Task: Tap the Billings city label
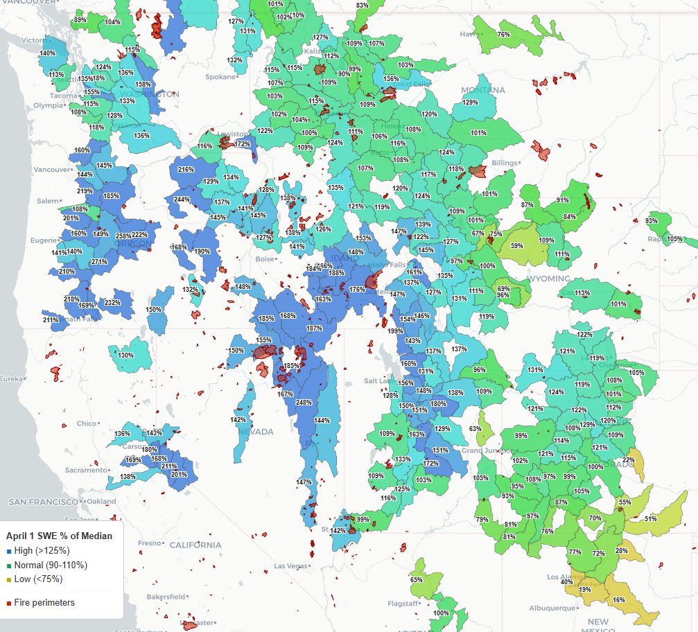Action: tap(505, 163)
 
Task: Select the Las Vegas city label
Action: tap(290, 565)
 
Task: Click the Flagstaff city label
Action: tap(402, 603)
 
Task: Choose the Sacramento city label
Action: tap(86, 470)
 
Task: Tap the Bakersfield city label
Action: tap(166, 596)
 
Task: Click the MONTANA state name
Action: tap(483, 90)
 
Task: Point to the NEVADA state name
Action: tap(256, 431)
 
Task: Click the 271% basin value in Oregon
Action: tap(98, 262)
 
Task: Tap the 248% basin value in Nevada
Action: tap(304, 403)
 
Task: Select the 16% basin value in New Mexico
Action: tap(618, 599)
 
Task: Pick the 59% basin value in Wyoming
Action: tap(516, 245)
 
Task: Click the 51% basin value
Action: tap(650, 518)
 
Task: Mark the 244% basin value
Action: tap(182, 200)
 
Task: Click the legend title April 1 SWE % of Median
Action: tap(59, 536)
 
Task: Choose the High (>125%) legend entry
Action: tap(42, 550)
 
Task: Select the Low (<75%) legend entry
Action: tap(38, 579)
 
